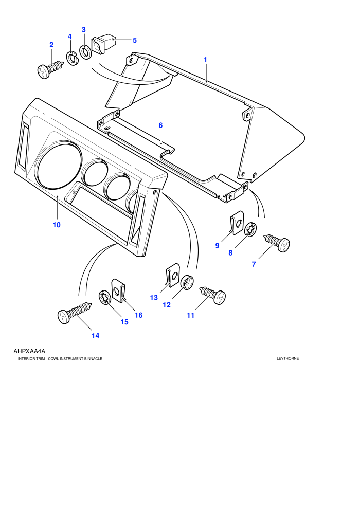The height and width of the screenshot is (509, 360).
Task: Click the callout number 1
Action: (205, 60)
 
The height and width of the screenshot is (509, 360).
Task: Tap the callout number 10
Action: (57, 225)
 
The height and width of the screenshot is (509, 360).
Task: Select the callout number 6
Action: (160, 125)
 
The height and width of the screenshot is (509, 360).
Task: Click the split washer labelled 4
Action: (73, 58)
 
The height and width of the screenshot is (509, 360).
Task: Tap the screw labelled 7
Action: (277, 242)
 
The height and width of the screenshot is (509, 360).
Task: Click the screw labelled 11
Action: (212, 295)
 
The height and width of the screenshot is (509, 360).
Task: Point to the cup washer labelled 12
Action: (187, 282)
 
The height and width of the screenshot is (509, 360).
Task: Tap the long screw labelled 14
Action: (74, 312)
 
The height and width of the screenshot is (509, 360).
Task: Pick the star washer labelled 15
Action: (104, 298)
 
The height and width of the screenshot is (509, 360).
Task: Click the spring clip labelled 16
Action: (118, 290)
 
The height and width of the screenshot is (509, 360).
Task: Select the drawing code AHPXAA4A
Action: (29, 351)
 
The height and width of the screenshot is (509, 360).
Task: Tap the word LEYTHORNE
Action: (287, 359)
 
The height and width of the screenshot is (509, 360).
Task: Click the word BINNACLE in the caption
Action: (93, 359)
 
